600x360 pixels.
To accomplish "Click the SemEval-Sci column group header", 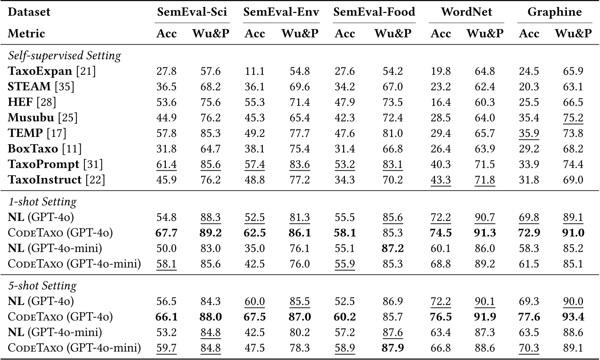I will point(192,12).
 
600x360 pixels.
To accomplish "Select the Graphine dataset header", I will point(554,12).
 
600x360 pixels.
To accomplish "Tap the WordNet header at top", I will point(466,12).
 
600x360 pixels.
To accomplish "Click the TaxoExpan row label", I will point(40,71).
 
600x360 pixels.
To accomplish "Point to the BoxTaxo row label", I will point(33,149).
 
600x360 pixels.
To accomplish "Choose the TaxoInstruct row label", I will point(45,180).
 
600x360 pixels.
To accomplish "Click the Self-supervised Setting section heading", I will point(64,56).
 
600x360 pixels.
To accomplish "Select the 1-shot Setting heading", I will point(42,202).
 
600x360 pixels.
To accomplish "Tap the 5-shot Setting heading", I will point(42,286).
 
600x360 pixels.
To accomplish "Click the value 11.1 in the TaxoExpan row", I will point(255,71).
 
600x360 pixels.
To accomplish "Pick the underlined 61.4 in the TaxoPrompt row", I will point(166,164).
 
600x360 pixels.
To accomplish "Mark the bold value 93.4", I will point(573,317).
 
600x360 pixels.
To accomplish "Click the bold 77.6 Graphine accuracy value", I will point(529,317).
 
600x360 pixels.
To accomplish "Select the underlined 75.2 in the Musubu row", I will point(573,118).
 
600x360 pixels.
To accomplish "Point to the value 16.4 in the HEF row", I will point(441,102).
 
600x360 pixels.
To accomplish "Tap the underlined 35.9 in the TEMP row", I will point(529,134).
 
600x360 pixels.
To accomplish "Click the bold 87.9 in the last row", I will point(393,348).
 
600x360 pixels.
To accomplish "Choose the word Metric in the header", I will point(26,33).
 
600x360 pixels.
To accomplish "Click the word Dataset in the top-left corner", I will point(29,12).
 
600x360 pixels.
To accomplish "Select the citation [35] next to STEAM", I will point(65,87).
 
